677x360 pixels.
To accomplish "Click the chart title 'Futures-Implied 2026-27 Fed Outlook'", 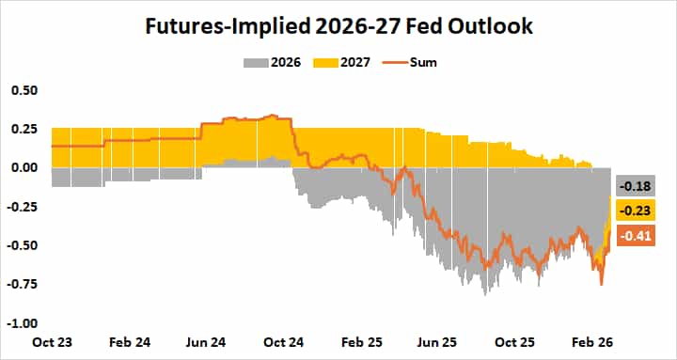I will click(x=338, y=26).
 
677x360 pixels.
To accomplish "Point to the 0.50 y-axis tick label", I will click(x=24, y=90).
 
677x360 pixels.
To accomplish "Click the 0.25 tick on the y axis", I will click(x=24, y=129).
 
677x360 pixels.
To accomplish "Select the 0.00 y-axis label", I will click(x=24, y=167).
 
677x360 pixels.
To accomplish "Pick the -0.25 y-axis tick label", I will click(x=23, y=207).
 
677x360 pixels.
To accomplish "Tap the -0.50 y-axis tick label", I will click(x=23, y=245).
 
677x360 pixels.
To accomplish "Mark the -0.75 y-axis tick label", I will click(x=23, y=284).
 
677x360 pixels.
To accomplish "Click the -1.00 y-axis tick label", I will click(x=23, y=323).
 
